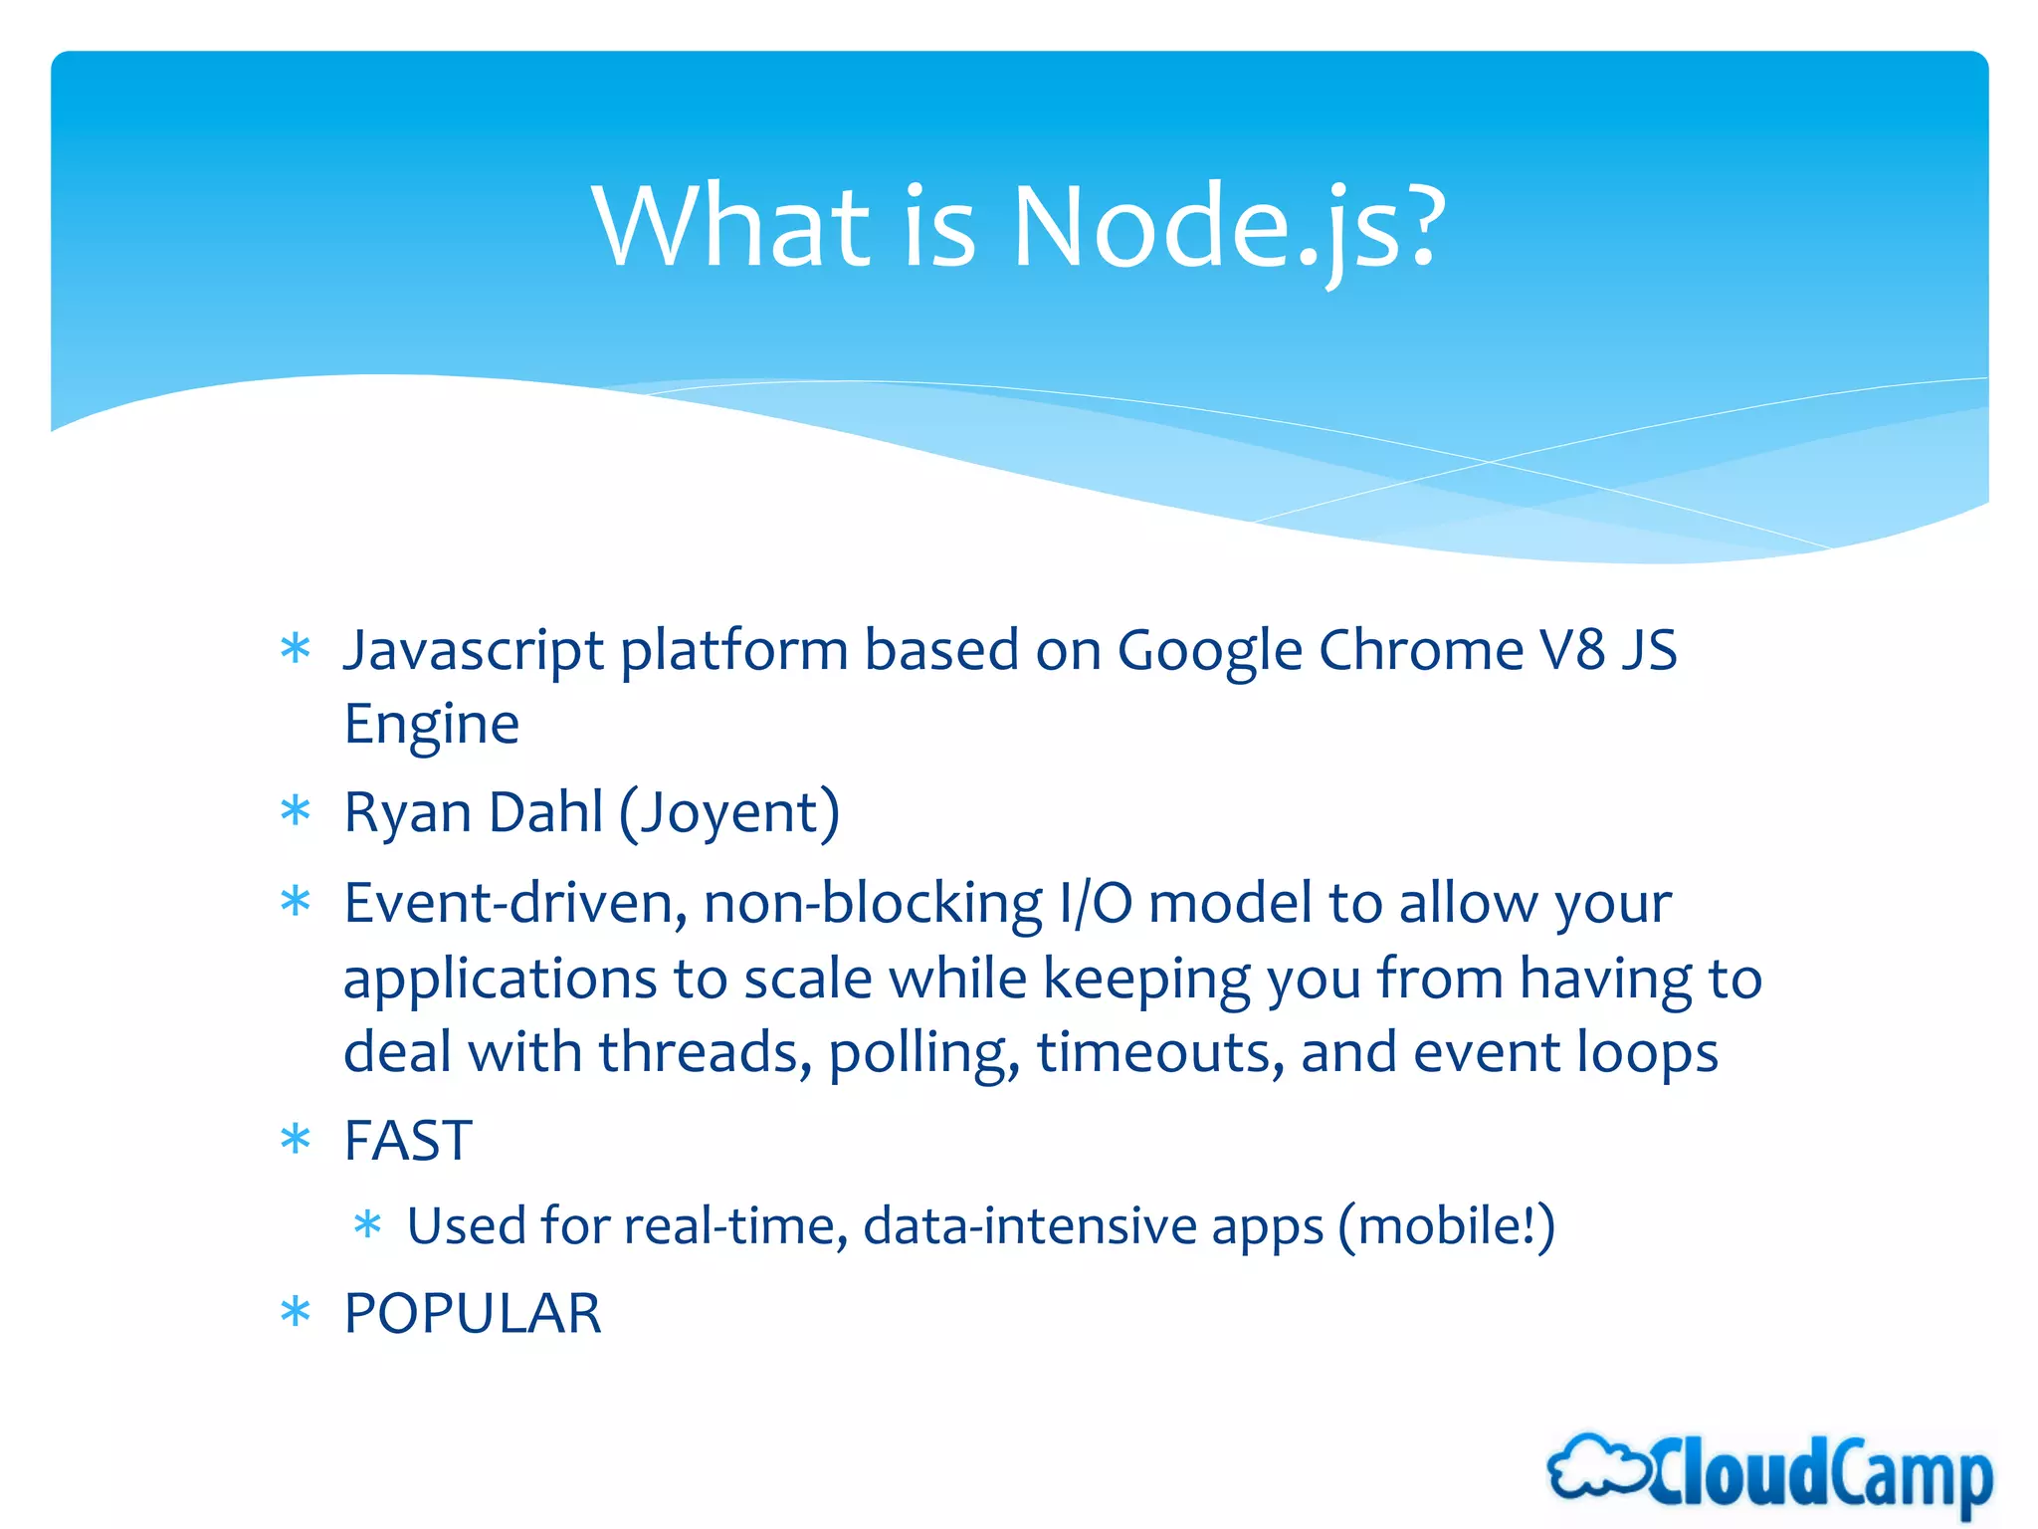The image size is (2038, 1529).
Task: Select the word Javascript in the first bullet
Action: point(474,651)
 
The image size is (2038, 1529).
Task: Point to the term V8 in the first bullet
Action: point(1573,651)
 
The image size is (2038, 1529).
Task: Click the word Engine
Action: point(431,725)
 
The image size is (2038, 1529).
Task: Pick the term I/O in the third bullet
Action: point(1095,905)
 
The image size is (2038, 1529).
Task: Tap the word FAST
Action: point(408,1141)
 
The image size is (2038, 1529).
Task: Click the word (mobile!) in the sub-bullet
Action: point(1446,1225)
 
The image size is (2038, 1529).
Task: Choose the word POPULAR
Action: point(473,1314)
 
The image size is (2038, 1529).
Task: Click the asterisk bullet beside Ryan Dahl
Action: point(296,811)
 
